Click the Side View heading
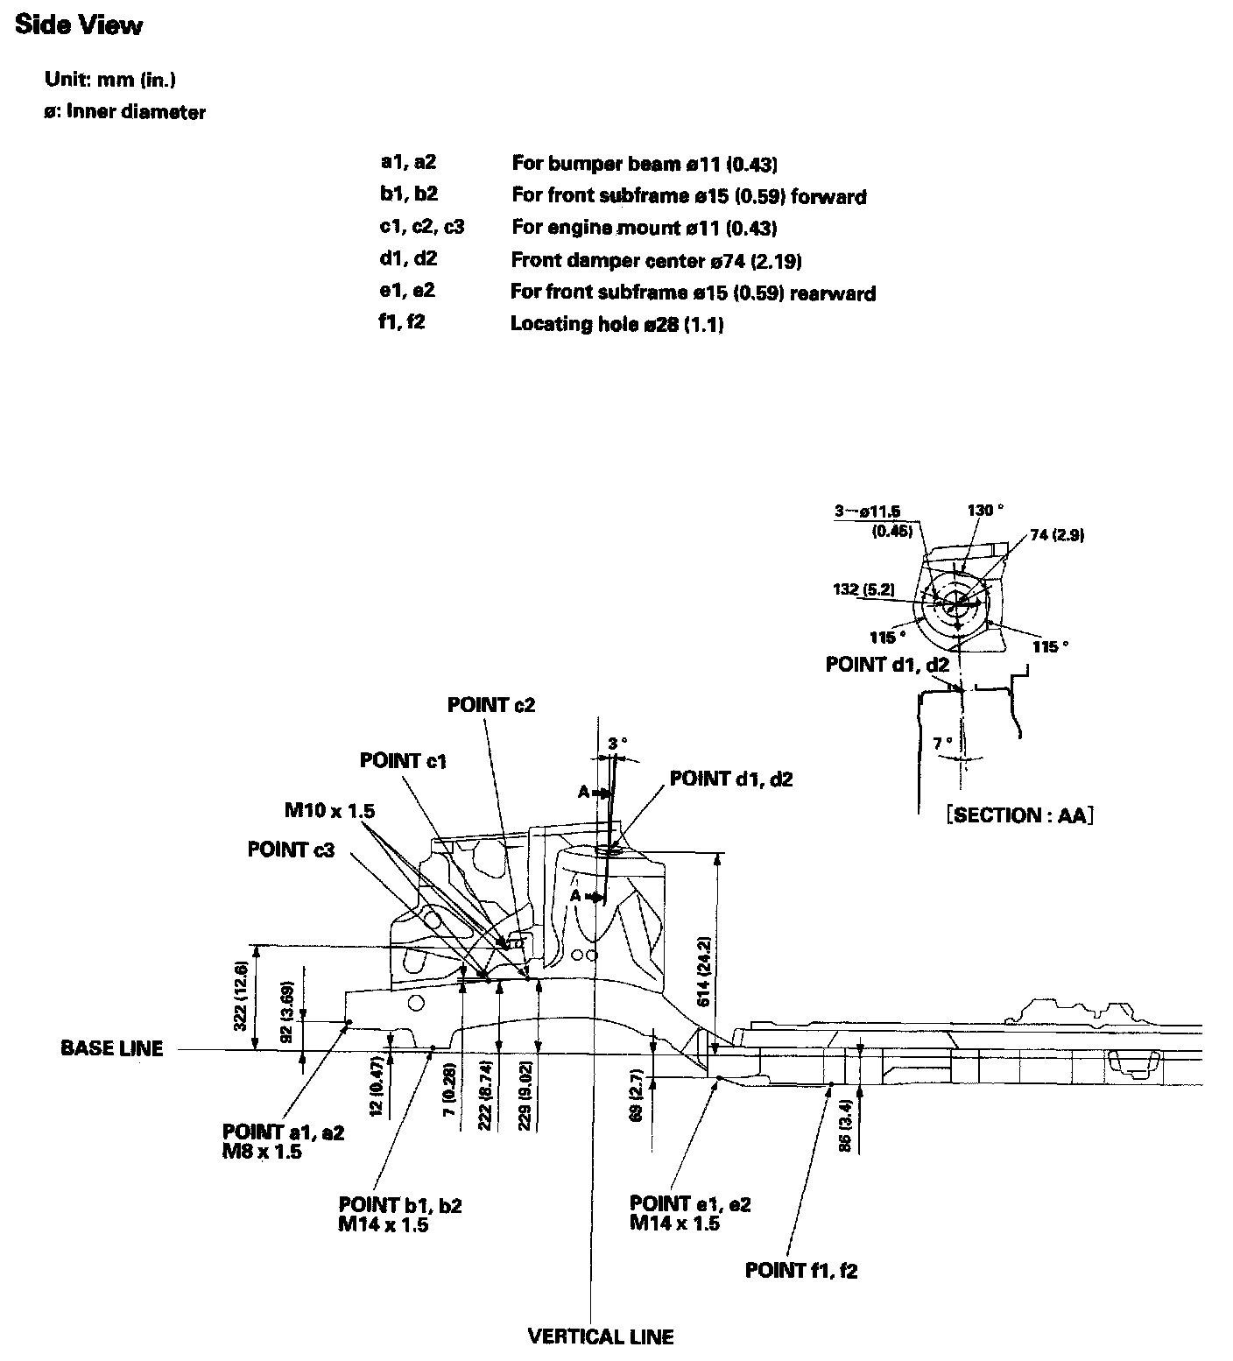(79, 26)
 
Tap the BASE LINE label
(112, 1048)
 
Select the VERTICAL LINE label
(601, 1336)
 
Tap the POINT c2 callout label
(491, 705)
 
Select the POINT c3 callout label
(291, 850)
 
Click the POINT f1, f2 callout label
(801, 1271)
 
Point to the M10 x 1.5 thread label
(329, 810)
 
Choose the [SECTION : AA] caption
(1020, 815)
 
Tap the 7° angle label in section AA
(943, 744)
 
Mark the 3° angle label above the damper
(617, 743)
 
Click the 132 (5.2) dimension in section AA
(863, 589)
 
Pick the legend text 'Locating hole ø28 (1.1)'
(616, 324)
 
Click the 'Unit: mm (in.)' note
(111, 80)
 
